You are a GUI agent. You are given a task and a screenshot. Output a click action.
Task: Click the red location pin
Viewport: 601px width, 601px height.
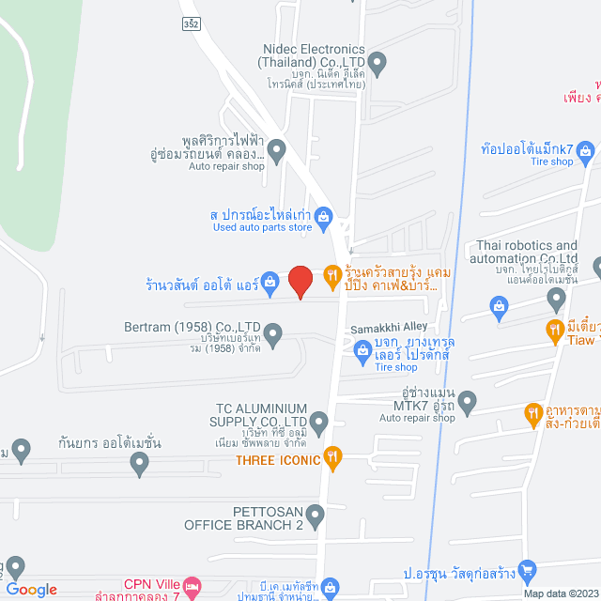click(300, 280)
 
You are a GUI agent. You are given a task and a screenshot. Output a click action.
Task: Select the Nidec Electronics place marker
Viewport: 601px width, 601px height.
click(378, 64)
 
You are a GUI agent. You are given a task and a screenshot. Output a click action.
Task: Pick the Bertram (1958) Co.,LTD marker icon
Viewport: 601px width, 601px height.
click(273, 331)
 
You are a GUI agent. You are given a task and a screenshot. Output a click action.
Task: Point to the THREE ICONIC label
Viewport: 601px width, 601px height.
click(275, 460)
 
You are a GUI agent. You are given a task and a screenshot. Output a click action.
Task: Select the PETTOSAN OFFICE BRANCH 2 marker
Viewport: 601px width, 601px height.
click(316, 515)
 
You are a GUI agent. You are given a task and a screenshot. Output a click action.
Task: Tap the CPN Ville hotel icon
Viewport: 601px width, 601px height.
click(192, 584)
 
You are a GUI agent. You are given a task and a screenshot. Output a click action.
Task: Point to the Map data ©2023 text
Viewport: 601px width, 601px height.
click(560, 593)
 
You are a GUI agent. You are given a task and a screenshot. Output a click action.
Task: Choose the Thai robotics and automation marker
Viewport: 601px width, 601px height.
click(556, 299)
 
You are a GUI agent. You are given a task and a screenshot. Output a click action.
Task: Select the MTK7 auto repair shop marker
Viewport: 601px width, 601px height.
click(468, 403)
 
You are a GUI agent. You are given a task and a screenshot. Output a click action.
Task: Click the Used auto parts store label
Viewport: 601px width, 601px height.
click(262, 227)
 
